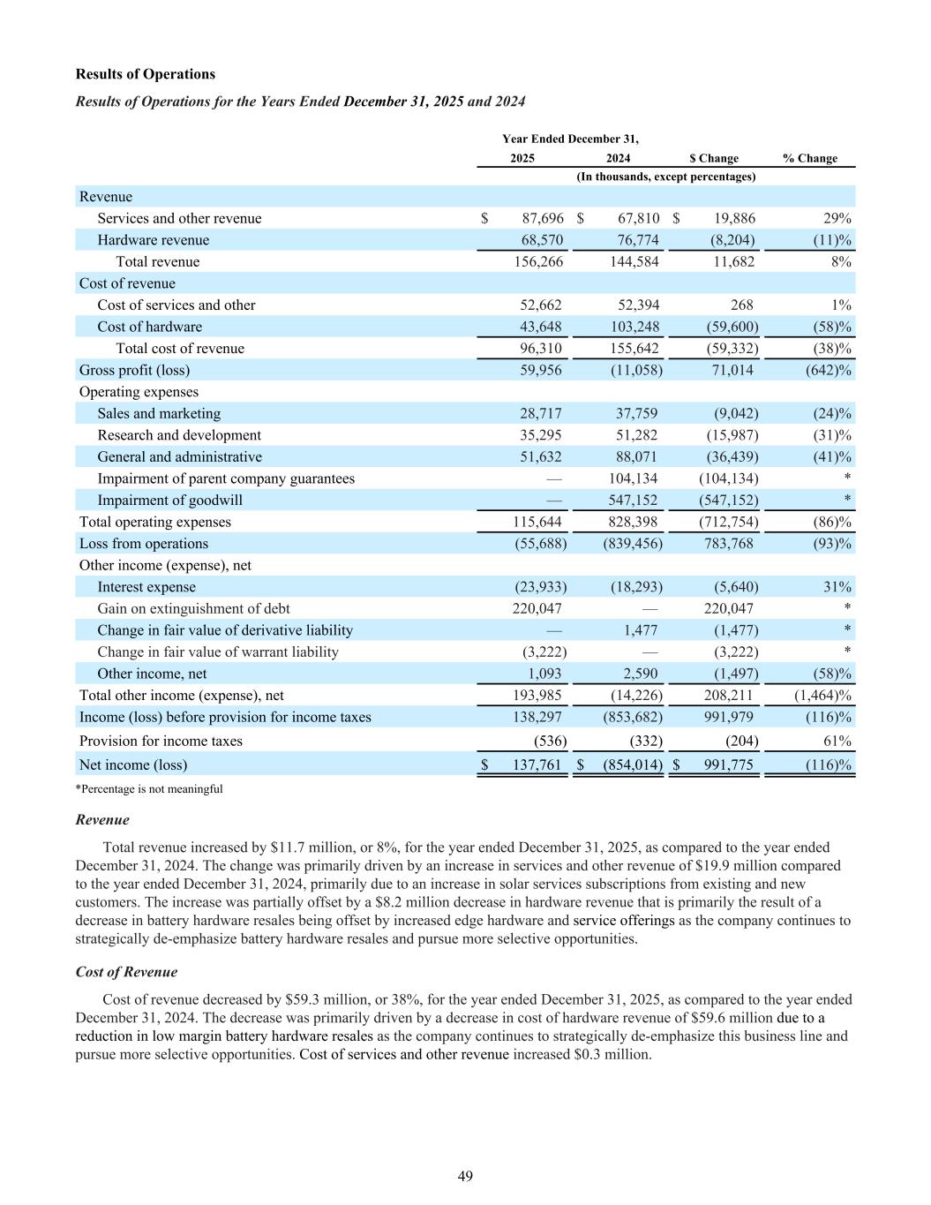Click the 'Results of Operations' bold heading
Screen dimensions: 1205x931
(146, 74)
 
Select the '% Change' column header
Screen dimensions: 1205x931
(809, 158)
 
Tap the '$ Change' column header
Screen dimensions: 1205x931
(714, 158)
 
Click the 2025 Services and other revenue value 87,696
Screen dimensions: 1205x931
(537, 218)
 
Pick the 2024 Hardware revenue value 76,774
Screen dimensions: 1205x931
(633, 240)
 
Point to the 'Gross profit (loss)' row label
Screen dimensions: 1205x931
(134, 370)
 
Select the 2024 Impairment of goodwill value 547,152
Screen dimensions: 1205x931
(633, 500)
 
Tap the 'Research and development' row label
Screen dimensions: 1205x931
(179, 435)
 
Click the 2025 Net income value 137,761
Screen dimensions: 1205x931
(537, 764)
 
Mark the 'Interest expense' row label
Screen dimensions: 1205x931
(146, 587)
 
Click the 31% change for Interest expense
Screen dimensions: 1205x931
(837, 587)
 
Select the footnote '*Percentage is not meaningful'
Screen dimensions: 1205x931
(149, 789)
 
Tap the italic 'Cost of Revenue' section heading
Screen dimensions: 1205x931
(126, 972)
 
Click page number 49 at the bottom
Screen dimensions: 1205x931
(465, 1176)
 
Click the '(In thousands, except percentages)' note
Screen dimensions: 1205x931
(666, 177)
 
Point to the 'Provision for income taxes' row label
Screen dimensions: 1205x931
(161, 741)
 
